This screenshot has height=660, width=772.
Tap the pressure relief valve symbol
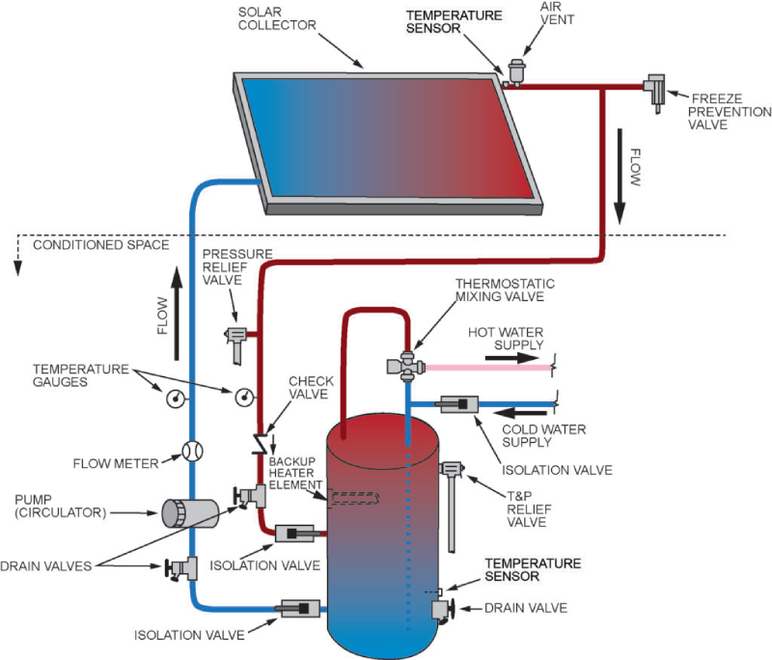tap(234, 340)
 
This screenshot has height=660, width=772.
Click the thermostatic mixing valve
tap(406, 365)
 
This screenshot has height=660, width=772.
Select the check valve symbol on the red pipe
tap(260, 445)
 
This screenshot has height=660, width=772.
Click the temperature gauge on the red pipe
tap(244, 397)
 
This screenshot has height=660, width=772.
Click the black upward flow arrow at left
tap(178, 289)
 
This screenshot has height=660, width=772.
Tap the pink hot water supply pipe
tap(482, 368)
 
